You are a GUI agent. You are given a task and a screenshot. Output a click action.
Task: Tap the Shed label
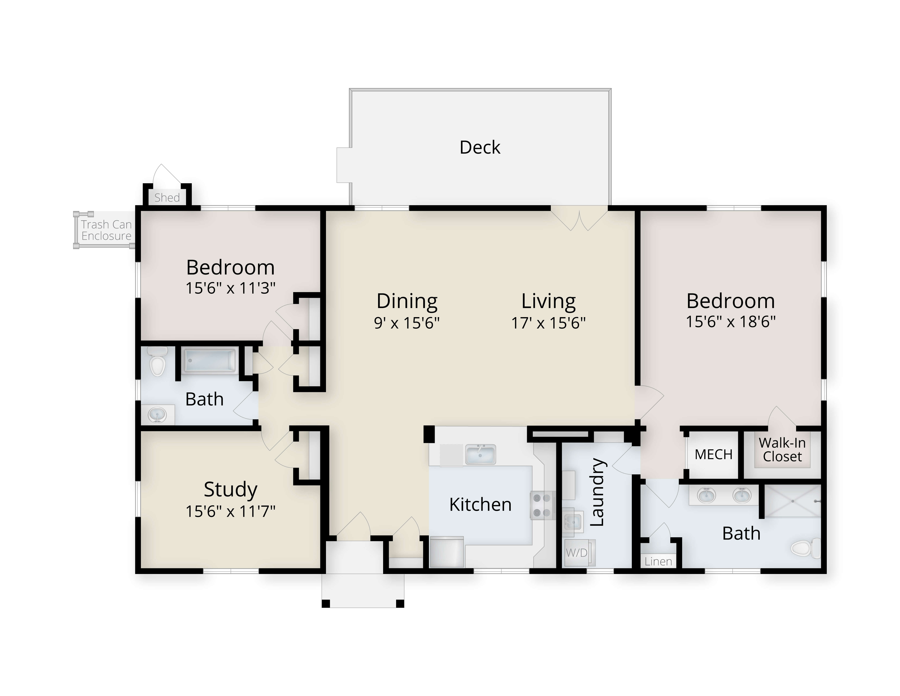[167, 198]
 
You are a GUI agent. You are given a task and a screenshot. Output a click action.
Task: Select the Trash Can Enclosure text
[106, 230]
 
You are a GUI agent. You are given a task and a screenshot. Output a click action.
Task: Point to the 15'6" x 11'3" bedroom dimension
[230, 288]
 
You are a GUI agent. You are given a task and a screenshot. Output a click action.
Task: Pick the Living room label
[549, 301]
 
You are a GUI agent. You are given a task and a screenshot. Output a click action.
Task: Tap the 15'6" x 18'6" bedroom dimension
[731, 321]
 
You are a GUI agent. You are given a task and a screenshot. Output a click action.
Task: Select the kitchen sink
[480, 454]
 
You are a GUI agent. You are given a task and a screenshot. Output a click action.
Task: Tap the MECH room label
[713, 454]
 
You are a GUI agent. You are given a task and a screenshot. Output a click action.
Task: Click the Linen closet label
[658, 561]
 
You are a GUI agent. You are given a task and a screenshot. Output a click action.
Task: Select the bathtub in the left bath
[210, 361]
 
